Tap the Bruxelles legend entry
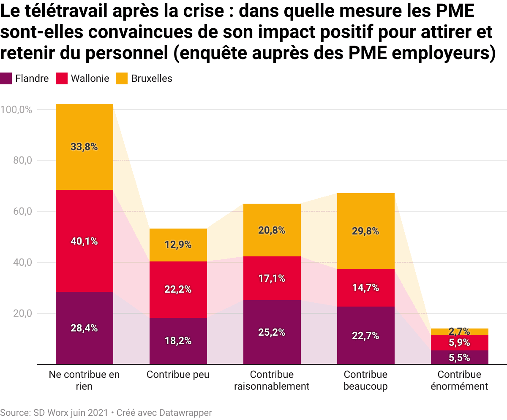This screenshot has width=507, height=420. (144, 78)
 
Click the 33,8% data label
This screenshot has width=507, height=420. (84, 147)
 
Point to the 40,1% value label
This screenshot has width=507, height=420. (84, 241)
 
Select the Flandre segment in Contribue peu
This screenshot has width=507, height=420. (178, 341)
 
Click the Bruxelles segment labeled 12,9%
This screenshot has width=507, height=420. (178, 245)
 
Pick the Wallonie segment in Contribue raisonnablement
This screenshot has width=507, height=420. (272, 278)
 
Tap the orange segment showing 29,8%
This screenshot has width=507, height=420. (365, 231)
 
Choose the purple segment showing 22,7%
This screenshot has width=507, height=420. (365, 336)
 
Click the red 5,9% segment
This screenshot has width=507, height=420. (459, 343)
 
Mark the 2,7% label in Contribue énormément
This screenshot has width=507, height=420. (459, 331)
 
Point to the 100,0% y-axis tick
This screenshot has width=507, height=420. (16, 110)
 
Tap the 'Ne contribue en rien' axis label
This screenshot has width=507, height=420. (84, 380)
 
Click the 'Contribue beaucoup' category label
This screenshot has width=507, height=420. (365, 380)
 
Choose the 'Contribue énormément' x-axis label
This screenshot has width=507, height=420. (459, 380)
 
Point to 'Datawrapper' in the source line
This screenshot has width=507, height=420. (185, 412)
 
